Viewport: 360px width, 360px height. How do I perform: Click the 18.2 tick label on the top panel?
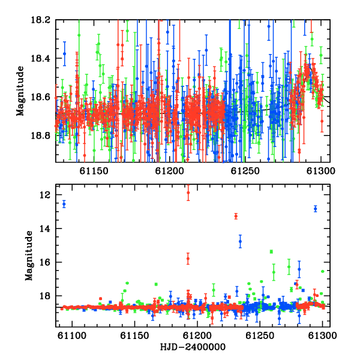40,20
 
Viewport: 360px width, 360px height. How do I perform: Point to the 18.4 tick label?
40,58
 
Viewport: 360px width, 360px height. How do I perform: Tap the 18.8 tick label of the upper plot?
40,136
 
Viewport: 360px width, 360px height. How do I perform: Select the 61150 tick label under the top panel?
94,171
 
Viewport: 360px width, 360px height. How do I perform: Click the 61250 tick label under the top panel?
245,171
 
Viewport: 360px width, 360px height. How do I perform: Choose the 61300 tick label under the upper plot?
321,171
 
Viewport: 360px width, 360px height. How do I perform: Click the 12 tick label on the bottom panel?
44,195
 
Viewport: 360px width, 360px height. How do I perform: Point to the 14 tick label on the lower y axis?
44,229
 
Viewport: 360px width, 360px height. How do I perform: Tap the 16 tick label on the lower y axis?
44,262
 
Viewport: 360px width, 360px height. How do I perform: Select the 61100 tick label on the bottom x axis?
72,335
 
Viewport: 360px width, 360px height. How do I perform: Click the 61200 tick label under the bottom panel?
197,335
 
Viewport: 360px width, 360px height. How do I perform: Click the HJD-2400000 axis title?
193,347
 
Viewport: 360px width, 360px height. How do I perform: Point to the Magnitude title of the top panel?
20,91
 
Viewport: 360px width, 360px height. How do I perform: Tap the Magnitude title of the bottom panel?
29,256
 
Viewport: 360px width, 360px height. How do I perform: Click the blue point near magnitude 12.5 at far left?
64,204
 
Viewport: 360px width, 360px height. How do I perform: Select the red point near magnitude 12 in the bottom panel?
188,193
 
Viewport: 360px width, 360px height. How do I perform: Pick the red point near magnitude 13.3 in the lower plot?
236,216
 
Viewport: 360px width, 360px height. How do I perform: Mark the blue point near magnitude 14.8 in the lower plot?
240,241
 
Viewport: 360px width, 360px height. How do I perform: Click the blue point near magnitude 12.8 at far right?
316,209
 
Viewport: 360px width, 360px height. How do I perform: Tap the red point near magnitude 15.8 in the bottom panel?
188,259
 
